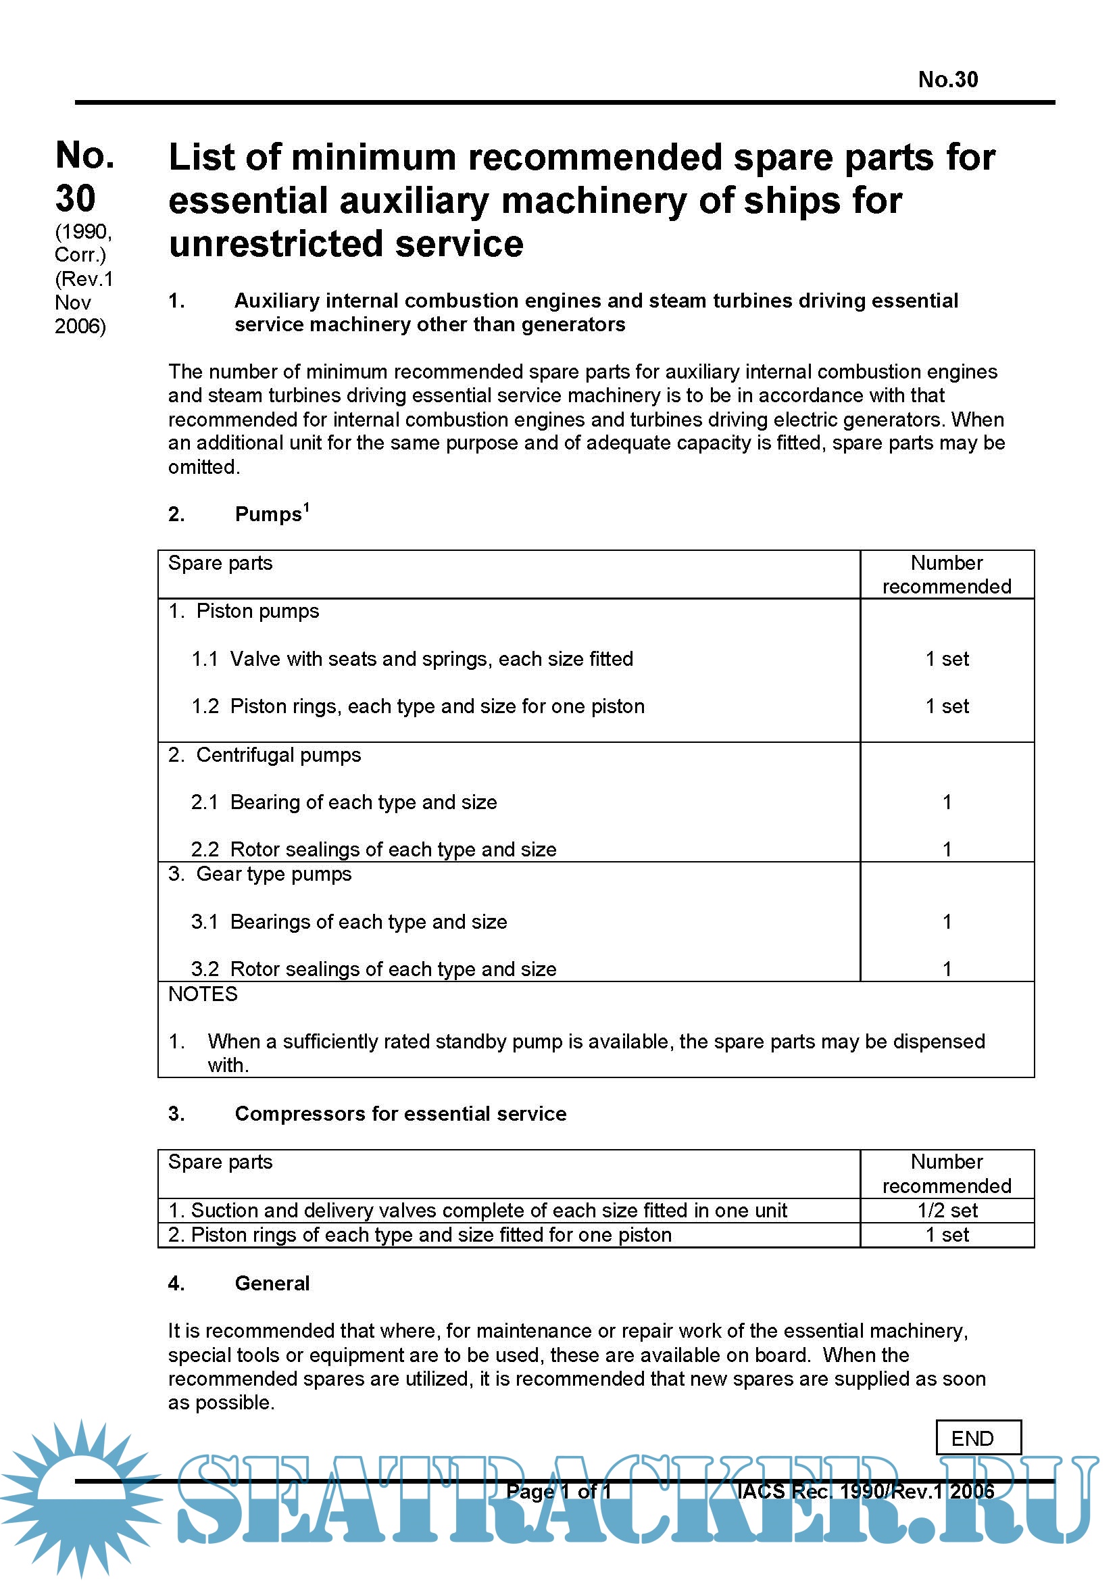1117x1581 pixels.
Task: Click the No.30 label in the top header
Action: coord(947,80)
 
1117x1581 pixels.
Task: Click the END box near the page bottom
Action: coord(978,1438)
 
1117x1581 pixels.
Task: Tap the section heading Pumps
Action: coord(268,514)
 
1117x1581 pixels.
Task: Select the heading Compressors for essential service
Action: coord(400,1113)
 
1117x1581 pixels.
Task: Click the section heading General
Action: coord(272,1283)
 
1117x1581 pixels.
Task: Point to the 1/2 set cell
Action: coord(947,1210)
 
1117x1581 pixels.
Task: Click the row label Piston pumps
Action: coord(257,612)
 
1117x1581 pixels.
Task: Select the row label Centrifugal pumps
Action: coord(278,755)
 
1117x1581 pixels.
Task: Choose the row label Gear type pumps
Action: coord(273,874)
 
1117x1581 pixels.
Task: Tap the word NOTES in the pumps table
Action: coord(202,994)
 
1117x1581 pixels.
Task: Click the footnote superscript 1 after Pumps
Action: coord(306,508)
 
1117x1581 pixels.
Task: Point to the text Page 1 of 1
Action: coord(558,1492)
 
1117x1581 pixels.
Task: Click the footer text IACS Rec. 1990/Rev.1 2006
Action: coord(865,1492)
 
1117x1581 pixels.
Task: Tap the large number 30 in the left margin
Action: coord(75,198)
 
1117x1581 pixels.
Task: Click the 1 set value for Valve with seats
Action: coord(947,659)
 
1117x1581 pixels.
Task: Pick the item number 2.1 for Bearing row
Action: coord(203,802)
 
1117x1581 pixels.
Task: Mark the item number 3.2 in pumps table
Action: coord(204,969)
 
